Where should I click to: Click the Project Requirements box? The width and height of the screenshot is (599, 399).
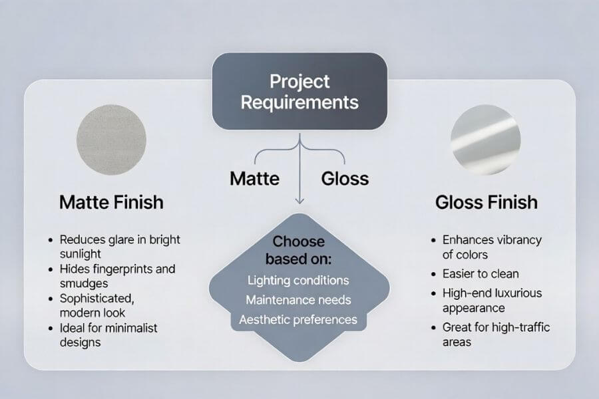pyautogui.click(x=299, y=92)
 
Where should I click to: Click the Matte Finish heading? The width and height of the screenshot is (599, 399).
pyautogui.click(x=111, y=202)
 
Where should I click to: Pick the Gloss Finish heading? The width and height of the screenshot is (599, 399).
pyautogui.click(x=487, y=202)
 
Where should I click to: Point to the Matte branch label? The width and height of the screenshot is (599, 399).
pyautogui.click(x=254, y=178)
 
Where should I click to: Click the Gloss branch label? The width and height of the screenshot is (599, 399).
pyautogui.click(x=345, y=178)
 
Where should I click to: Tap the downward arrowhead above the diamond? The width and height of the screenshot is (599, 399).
pyautogui.click(x=299, y=200)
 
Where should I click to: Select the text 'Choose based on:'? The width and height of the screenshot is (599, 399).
pyautogui.click(x=299, y=249)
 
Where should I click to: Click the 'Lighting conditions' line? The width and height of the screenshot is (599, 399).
pyautogui.click(x=298, y=280)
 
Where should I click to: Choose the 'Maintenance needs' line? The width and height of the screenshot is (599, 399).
pyautogui.click(x=299, y=300)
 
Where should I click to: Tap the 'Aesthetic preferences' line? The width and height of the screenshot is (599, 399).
pyautogui.click(x=298, y=320)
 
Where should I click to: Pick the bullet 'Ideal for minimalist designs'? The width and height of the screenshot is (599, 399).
pyautogui.click(x=110, y=335)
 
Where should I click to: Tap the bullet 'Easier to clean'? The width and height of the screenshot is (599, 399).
pyautogui.click(x=481, y=273)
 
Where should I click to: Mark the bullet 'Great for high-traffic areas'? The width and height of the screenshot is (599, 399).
pyautogui.click(x=496, y=334)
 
